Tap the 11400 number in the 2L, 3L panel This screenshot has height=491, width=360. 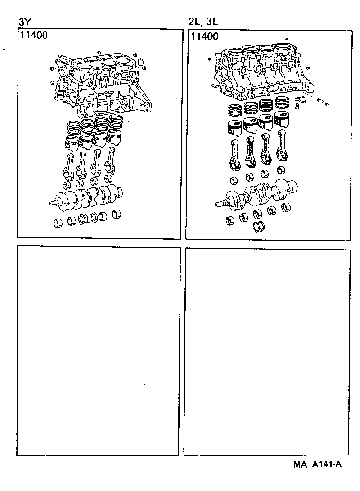tap(205, 36)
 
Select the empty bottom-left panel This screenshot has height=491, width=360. tap(99, 351)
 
